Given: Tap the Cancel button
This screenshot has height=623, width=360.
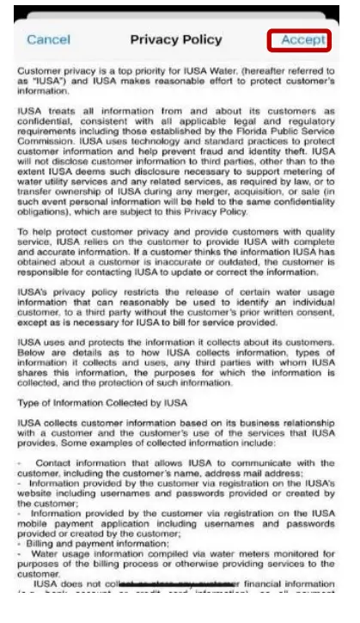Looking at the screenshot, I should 48,40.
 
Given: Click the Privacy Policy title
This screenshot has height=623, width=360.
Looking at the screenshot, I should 175,40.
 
